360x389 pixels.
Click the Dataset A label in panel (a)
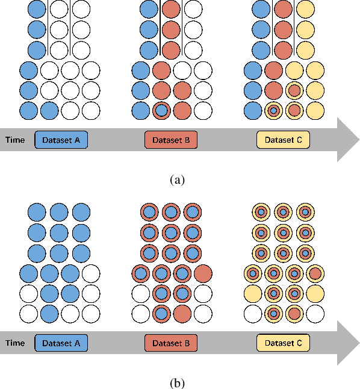click(61, 140)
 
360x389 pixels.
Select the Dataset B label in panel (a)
click(171, 140)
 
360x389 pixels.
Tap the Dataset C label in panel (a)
click(283, 140)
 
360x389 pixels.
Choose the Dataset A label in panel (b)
click(61, 343)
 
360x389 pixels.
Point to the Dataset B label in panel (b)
click(171, 343)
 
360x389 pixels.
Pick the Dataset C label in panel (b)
click(283, 343)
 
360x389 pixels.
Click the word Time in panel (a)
click(15, 140)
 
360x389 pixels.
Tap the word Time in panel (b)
click(15, 343)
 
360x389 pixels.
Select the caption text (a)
click(177, 179)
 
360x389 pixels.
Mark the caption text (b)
click(177, 382)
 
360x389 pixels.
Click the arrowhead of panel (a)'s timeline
click(347, 140)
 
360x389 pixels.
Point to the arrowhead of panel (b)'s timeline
click(347, 343)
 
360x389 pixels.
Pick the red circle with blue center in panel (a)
click(161, 111)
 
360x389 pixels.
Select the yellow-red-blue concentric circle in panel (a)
click(273, 111)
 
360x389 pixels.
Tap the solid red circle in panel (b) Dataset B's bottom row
click(182, 314)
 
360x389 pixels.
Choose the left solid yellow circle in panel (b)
click(253, 293)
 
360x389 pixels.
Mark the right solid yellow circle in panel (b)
click(314, 293)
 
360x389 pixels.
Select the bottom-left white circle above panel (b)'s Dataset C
click(253, 314)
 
